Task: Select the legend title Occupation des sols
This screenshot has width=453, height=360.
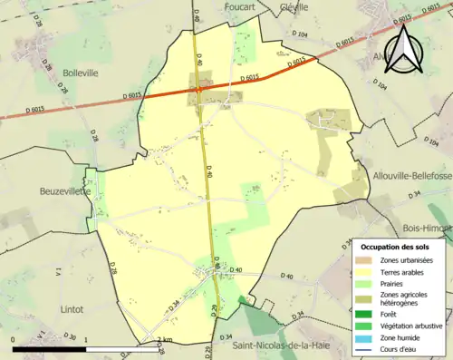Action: [395, 247]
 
